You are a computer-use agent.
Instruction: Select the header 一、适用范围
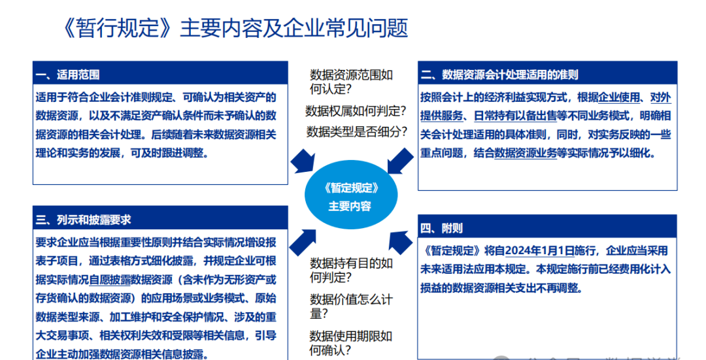coord(68,75)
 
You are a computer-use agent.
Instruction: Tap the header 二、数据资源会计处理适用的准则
coord(499,75)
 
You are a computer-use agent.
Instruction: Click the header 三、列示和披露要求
coord(84,220)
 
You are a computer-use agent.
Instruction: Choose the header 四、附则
coord(442,228)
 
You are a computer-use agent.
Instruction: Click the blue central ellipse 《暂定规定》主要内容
coord(350,196)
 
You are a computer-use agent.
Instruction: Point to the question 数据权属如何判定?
coord(356,111)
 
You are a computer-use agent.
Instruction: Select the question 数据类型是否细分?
coord(356,131)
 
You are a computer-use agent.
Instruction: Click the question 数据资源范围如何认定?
coord(351,82)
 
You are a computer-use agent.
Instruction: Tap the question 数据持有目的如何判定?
coord(351,270)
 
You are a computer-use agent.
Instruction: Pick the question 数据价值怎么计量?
coord(351,306)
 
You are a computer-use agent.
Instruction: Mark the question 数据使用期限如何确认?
coord(351,343)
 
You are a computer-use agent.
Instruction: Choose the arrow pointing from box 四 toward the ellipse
coord(400,242)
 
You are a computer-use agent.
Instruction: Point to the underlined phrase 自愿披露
coord(109,280)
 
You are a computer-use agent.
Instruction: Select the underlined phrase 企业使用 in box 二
coord(619,98)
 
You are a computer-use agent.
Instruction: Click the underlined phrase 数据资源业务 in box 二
coord(525,153)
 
